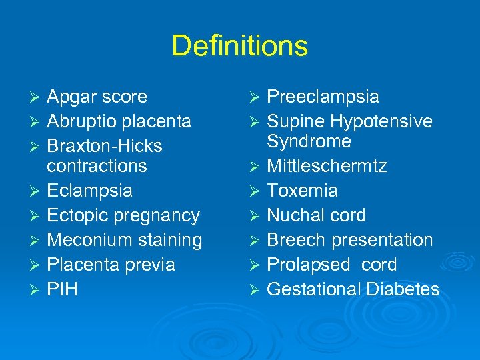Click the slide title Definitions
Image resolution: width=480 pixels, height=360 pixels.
239,46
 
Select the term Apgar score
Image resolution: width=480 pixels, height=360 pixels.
97,97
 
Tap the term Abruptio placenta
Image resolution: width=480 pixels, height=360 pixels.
119,121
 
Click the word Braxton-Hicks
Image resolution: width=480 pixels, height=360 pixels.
105,146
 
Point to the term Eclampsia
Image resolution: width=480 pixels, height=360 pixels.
89,191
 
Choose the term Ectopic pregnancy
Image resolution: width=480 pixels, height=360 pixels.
123,215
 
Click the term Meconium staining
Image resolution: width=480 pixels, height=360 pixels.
125,240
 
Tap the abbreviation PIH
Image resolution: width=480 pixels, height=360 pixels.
62,289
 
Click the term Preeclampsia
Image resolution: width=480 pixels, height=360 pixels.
323,97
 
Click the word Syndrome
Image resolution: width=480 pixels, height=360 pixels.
309,141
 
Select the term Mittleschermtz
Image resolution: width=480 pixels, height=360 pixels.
327,166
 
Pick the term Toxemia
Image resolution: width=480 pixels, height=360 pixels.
302,191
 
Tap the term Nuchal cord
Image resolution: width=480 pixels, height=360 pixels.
316,215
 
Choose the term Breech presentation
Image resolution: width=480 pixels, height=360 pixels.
350,240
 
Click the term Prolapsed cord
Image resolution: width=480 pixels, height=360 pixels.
331,265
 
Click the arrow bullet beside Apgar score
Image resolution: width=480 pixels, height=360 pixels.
37,97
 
